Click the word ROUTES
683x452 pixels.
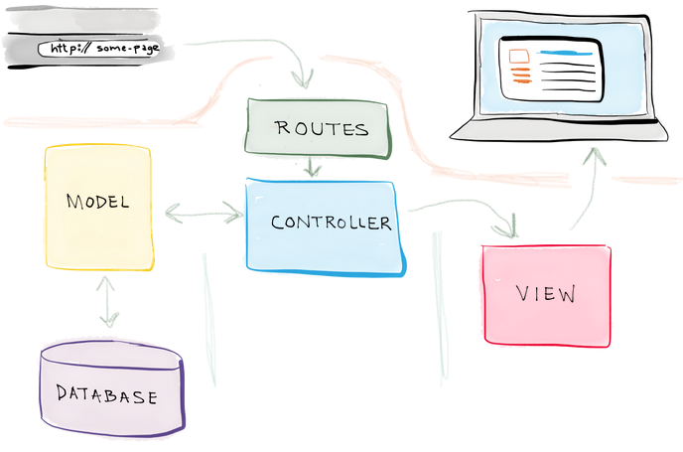[321, 129]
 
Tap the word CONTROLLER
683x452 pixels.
[331, 223]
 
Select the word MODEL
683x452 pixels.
[97, 203]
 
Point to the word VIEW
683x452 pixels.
[546, 294]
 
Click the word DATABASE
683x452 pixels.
[106, 395]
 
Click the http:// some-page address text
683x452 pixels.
[99, 48]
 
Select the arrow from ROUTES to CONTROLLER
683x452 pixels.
[312, 167]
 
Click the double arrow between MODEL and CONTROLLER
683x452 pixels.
[204, 213]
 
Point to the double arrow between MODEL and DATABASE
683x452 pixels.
[106, 300]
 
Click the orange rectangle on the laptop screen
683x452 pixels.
[516, 56]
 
